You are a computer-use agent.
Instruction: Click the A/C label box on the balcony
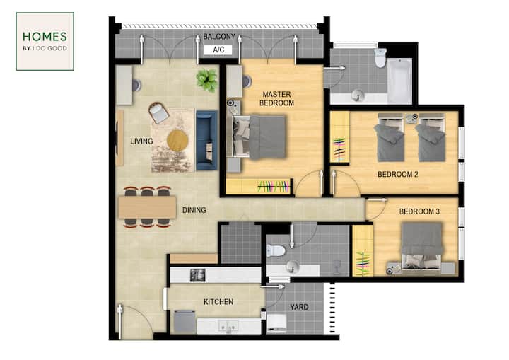pos(218,50)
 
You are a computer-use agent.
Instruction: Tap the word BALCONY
pos(219,37)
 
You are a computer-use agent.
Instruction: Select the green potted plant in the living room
pos(206,79)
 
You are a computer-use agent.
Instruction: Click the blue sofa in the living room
pos(206,140)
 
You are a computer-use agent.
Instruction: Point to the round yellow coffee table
pos(177,140)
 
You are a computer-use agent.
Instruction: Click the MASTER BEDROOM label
pos(276,98)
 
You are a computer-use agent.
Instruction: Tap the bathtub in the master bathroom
pos(399,81)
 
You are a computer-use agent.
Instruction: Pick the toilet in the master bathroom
pos(380,57)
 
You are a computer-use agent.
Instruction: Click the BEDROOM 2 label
pos(397,174)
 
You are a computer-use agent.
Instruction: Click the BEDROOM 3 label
pos(419,211)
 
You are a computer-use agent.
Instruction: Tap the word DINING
pos(194,210)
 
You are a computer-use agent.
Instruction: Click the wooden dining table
pos(147,207)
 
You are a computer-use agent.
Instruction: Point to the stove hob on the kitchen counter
pos(197,275)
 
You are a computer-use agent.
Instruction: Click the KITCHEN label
pos(218,302)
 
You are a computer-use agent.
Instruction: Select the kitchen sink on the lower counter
pos(228,325)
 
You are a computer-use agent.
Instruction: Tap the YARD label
pos(299,307)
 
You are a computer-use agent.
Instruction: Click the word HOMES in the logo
pos(45,36)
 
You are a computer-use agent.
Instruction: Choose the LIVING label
pos(141,141)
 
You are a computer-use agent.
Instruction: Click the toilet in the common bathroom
pos(275,250)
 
